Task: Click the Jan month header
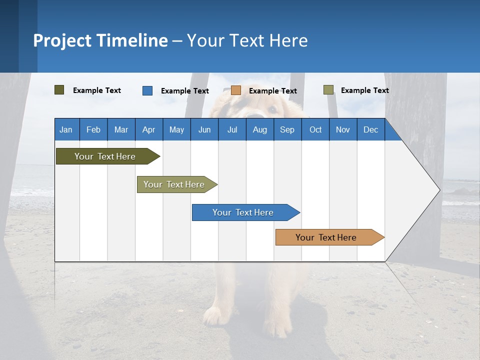point(66,129)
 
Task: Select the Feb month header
point(93,129)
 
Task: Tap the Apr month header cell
point(148,129)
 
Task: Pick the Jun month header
point(204,129)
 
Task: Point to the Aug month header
point(259,129)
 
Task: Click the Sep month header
point(287,129)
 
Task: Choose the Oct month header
point(315,129)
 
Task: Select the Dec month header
point(370,129)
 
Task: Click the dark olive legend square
point(59,90)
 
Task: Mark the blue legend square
point(147,90)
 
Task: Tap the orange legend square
point(236,90)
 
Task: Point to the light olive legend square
point(328,90)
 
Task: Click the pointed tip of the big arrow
point(438,189)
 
